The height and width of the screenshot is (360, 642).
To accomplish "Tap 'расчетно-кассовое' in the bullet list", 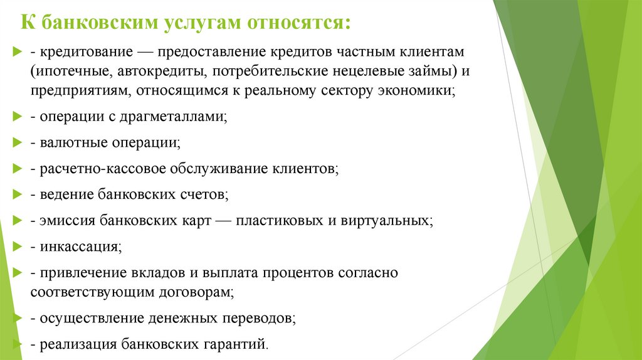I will click(95, 169).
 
